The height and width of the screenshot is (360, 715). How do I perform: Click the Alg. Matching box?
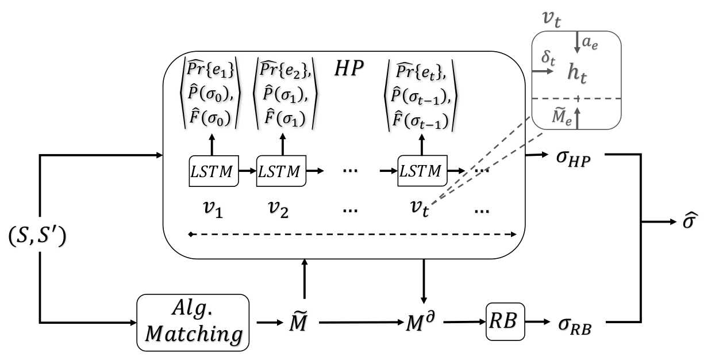pyautogui.click(x=193, y=323)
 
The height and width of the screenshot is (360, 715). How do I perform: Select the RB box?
pyautogui.click(x=505, y=321)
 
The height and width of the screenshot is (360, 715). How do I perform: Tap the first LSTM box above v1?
pyautogui.click(x=214, y=171)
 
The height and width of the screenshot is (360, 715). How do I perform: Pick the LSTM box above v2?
pyautogui.click(x=281, y=171)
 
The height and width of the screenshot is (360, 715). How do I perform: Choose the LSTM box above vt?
pyautogui.click(x=422, y=171)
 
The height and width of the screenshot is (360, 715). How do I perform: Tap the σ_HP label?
pyautogui.click(x=573, y=158)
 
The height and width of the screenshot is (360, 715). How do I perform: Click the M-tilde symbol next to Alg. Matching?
pyautogui.click(x=298, y=321)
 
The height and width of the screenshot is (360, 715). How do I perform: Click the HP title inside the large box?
pyautogui.click(x=349, y=68)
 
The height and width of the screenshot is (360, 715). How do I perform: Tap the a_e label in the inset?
pyautogui.click(x=590, y=43)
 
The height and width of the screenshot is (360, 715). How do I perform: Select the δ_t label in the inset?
pyautogui.click(x=548, y=58)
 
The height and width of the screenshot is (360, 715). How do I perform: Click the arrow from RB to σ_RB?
pyautogui.click(x=537, y=321)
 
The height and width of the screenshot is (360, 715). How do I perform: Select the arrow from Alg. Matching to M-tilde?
pyautogui.click(x=270, y=323)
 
